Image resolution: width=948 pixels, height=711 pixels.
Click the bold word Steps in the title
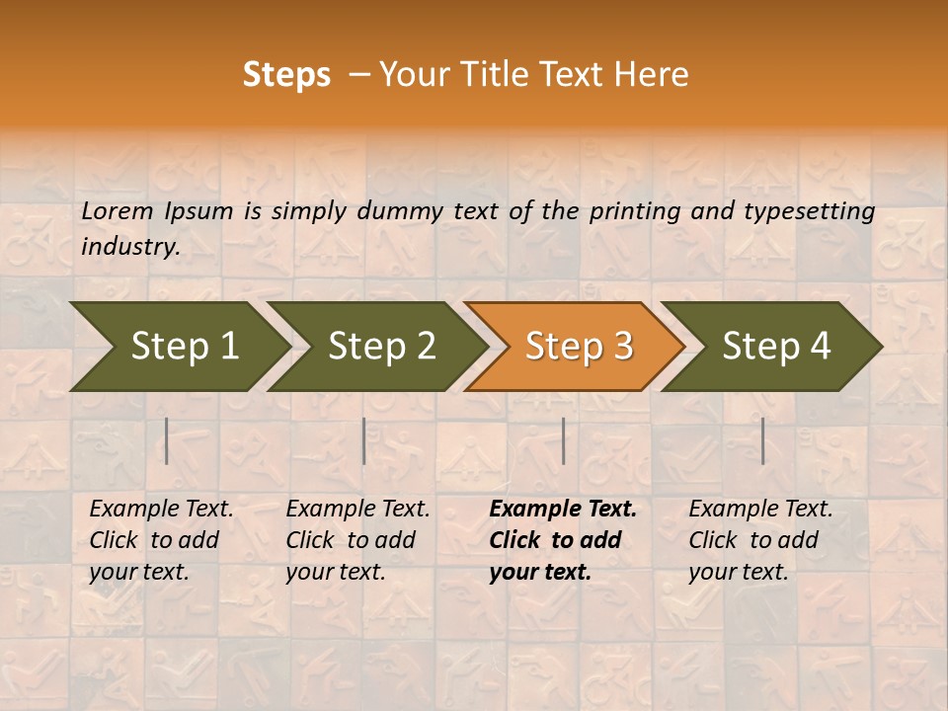coord(286,75)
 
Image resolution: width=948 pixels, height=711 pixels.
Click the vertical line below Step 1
coord(167,440)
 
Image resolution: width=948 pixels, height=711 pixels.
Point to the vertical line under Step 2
coord(364,440)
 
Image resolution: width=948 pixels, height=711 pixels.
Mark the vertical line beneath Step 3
coord(563,440)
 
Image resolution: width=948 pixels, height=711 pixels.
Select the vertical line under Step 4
coord(762,440)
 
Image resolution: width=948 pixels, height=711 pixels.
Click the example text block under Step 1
coord(161,540)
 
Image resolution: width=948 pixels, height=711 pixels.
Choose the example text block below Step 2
coord(357,540)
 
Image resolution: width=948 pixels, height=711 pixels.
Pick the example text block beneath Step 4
coord(760,540)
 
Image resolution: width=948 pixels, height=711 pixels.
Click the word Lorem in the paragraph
coord(118,210)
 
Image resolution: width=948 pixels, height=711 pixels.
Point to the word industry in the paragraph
coord(130,247)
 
